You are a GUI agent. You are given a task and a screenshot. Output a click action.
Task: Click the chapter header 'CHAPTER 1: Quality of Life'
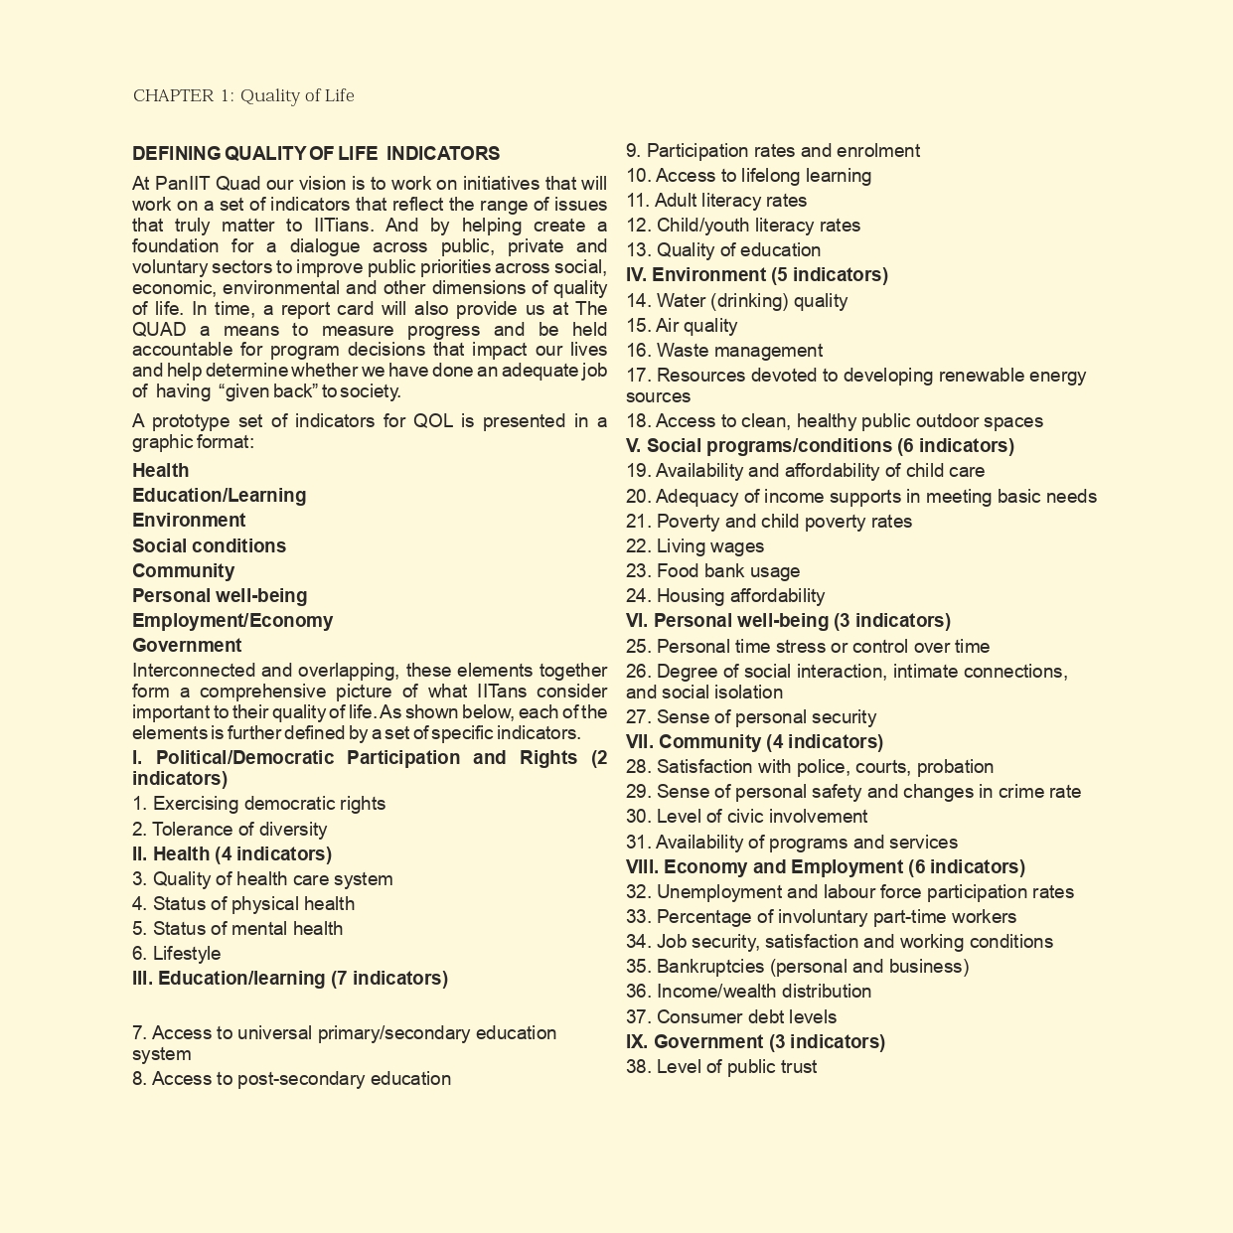(x=243, y=96)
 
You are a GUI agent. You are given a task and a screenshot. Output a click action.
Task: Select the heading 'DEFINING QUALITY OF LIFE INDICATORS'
(x=316, y=154)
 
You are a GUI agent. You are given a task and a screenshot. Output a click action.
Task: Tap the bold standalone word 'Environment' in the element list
(x=189, y=521)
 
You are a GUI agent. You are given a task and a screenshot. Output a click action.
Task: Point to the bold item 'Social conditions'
(x=209, y=545)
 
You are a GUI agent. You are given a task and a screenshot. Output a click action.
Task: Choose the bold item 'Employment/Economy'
(x=232, y=621)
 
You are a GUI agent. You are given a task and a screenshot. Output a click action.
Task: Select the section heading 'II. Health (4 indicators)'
(x=231, y=854)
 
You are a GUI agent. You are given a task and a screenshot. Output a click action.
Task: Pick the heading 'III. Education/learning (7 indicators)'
(x=290, y=979)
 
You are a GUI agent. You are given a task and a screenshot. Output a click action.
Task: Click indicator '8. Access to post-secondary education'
(x=291, y=1079)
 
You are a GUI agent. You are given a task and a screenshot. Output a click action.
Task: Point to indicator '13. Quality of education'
(x=723, y=250)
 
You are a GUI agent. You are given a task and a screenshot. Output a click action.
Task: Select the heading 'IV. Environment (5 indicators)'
(x=757, y=275)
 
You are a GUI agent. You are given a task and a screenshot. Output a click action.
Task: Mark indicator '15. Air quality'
(x=682, y=326)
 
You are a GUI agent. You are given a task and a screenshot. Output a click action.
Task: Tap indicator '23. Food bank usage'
(x=712, y=571)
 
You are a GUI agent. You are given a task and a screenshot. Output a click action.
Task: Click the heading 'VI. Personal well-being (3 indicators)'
(x=788, y=621)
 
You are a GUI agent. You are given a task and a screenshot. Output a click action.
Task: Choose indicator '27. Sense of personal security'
(x=751, y=717)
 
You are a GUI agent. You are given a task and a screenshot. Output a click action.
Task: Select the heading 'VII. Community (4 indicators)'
(x=754, y=742)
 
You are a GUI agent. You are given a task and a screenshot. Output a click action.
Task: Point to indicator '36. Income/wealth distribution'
(x=748, y=992)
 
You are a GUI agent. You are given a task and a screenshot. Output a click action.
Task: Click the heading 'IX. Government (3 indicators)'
(x=755, y=1042)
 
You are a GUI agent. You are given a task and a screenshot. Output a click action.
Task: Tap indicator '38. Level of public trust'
(x=721, y=1067)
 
